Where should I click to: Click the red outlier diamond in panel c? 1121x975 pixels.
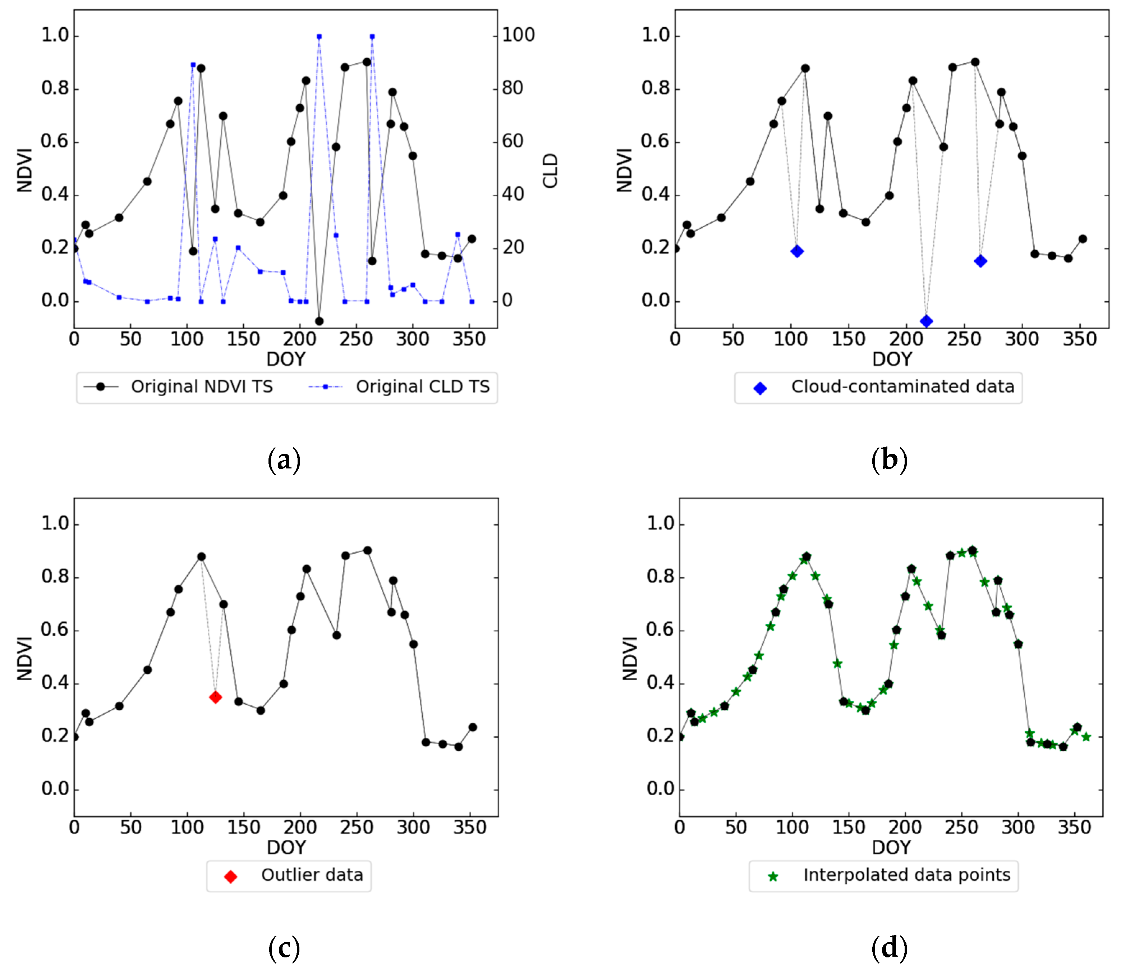(215, 697)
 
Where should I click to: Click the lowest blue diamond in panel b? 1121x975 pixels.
(926, 321)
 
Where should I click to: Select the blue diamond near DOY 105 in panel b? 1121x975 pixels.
(797, 251)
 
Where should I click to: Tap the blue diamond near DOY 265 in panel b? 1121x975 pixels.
(980, 261)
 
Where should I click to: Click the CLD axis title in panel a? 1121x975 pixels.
(551, 170)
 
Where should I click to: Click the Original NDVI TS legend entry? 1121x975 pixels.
(201, 386)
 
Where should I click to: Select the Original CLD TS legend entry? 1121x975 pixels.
(422, 386)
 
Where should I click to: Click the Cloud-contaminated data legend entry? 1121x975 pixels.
(902, 386)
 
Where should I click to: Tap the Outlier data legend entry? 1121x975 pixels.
(311, 875)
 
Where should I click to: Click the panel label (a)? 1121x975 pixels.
(284, 460)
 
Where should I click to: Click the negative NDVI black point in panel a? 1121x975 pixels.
(319, 321)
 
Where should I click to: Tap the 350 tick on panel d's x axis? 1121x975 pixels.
(1074, 828)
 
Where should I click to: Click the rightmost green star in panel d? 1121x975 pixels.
(1086, 737)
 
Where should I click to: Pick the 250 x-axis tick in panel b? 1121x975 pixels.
(964, 339)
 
